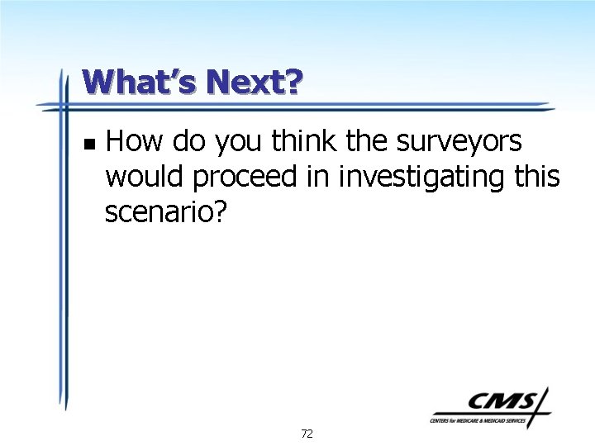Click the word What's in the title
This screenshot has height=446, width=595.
(139, 82)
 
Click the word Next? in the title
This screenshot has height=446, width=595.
(255, 82)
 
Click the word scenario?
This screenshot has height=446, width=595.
(165, 212)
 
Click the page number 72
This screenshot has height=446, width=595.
(307, 434)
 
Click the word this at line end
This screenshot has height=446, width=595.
(539, 177)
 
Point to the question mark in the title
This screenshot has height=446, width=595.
(294, 82)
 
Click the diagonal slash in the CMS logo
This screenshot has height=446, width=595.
(541, 406)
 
